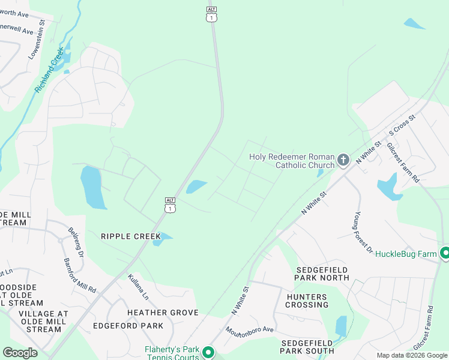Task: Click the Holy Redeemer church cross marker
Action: [343, 160]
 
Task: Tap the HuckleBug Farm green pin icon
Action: [444, 253]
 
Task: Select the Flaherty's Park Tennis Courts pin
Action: [208, 352]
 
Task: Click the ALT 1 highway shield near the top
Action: [211, 14]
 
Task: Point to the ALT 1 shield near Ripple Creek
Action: [170, 205]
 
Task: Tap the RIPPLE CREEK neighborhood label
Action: [131, 236]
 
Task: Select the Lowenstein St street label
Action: [37, 40]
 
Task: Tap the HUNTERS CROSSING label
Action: [307, 301]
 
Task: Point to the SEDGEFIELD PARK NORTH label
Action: [322, 273]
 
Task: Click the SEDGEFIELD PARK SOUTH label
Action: [307, 346]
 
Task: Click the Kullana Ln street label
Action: [138, 287]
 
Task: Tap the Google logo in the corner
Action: [20, 352]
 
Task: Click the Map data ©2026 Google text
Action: [412, 355]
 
